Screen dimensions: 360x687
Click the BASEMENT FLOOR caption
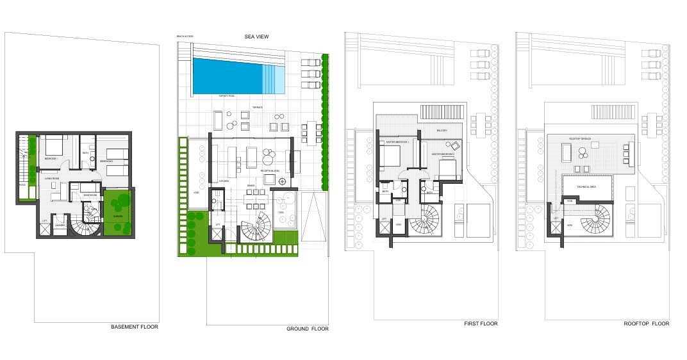pos(135,327)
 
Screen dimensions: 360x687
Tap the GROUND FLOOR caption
pos(307,329)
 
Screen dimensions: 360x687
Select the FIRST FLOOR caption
pos(481,323)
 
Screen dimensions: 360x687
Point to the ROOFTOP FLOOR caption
pos(647,323)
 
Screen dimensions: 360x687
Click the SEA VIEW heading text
pos(256,37)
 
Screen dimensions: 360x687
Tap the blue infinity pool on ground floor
pos(228,76)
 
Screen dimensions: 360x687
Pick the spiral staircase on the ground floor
pos(256,227)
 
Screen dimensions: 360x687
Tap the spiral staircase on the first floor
pos(426,221)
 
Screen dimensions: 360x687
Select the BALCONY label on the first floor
pos(442,131)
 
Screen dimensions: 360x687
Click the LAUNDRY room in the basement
pos(60,225)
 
